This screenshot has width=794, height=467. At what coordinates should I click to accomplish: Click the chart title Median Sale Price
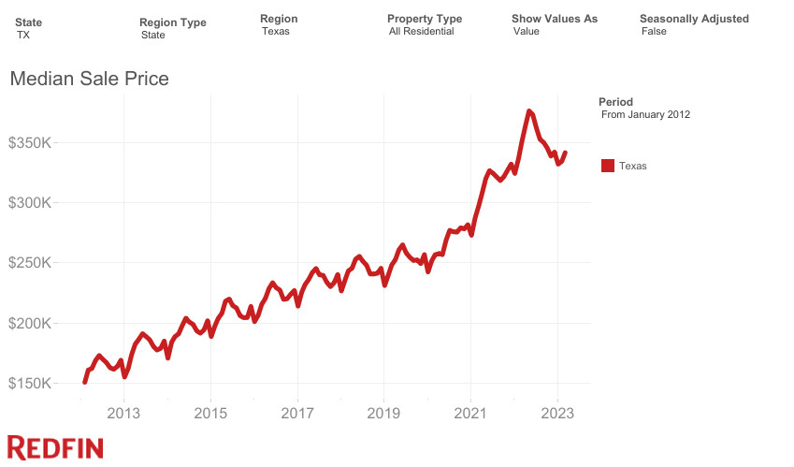89,80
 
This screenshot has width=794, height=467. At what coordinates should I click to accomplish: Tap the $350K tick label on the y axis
33,143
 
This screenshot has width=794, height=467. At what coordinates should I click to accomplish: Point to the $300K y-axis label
33,203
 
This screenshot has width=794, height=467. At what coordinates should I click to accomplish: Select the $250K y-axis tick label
33,263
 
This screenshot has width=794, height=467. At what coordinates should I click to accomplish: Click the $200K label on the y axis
33,324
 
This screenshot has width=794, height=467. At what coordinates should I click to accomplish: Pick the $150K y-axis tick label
33,384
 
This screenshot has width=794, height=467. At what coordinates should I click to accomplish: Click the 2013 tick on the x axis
123,412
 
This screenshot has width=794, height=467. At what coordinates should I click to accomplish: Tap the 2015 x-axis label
210,412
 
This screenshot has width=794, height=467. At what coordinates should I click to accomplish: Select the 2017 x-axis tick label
297,412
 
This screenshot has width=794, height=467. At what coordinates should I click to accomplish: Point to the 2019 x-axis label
384,412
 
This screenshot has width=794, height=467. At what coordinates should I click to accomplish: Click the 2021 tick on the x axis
471,412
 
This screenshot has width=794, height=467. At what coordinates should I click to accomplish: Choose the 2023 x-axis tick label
558,412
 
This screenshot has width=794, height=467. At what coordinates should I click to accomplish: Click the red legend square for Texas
608,166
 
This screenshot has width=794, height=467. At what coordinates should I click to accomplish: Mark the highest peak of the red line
530,110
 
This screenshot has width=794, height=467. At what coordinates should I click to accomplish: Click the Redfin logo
54,447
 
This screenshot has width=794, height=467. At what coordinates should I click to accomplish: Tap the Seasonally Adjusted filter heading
694,19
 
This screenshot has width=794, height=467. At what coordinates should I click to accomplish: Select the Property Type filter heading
425,19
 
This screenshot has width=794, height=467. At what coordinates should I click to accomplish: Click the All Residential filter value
421,32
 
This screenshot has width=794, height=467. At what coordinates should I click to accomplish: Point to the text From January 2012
645,115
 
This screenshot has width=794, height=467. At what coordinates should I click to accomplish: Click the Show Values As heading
555,19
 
